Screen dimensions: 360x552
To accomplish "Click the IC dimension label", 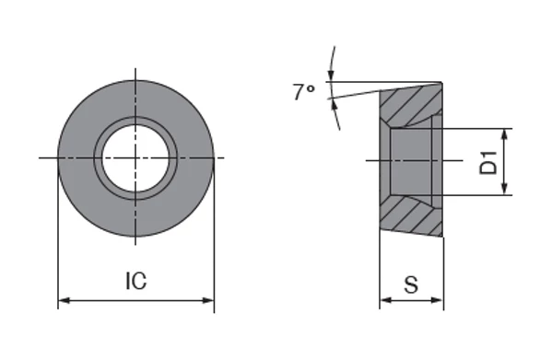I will (135, 283).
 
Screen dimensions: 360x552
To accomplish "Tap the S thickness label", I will (411, 285).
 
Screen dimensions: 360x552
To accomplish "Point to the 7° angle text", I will (304, 92).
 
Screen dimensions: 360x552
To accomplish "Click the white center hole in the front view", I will (135, 157).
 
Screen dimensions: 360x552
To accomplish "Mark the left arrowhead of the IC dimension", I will (64, 300).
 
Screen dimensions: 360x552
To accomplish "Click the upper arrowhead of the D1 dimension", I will (505, 133).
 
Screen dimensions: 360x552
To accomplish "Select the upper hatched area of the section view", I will (412, 105).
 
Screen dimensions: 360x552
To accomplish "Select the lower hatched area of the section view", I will (412, 213).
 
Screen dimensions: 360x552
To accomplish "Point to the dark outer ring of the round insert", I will (78, 157).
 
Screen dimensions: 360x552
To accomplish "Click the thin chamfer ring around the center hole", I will (98, 157).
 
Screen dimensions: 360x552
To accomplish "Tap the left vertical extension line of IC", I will (58, 239).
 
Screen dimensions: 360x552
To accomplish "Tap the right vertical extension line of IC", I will (214, 239).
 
